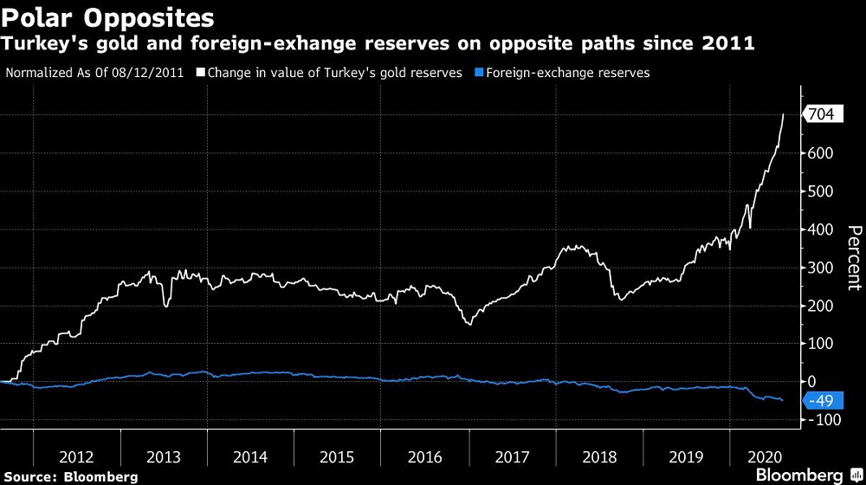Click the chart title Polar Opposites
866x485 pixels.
click(x=108, y=17)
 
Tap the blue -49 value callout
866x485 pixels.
click(x=820, y=400)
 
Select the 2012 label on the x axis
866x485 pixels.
click(x=77, y=456)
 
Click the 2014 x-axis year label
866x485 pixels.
click(x=251, y=456)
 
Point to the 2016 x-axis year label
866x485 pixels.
click(x=425, y=456)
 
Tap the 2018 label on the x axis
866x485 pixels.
click(x=599, y=456)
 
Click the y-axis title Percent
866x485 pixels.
click(x=854, y=257)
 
